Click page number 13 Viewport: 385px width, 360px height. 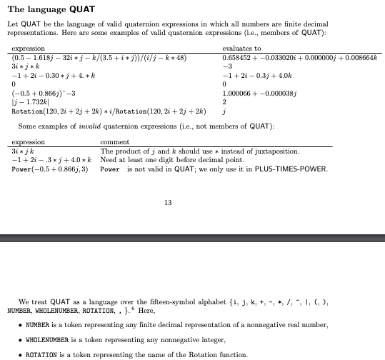click(x=168, y=203)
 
